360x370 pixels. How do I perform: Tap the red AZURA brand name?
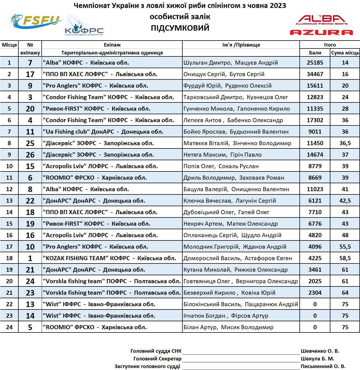tap(321, 33)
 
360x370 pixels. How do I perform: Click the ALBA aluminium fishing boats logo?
tap(321, 20)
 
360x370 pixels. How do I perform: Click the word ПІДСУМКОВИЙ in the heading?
tap(180, 28)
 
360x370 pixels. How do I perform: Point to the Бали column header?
tap(315, 53)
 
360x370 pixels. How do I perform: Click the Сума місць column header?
tap(345, 53)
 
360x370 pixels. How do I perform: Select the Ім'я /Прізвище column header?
tap(241, 45)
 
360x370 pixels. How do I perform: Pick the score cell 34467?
tap(315, 74)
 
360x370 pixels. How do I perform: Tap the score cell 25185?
tap(315, 63)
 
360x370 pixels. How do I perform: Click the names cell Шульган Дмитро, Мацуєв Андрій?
tap(231, 63)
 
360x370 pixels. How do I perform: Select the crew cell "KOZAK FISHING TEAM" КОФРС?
tap(109, 258)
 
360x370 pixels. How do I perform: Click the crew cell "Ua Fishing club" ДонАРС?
tap(103, 132)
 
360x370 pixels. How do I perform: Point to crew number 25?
tap(30, 143)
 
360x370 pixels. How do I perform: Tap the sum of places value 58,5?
tap(345, 258)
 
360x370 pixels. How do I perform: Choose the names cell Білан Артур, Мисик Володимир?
tap(228, 327)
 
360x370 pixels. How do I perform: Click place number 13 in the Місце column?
tap(9, 201)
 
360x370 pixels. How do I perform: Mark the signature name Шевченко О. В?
tap(320, 351)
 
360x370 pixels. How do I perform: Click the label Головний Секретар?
tap(157, 359)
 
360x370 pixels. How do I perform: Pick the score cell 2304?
tap(315, 293)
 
